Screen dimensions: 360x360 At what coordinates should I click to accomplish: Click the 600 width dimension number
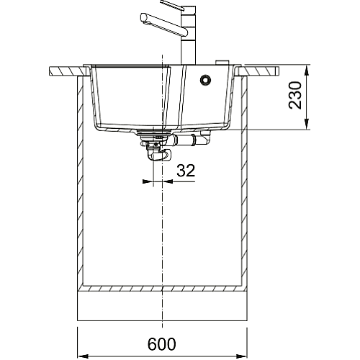[x=161, y=344]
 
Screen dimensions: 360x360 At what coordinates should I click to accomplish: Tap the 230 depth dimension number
[x=295, y=95]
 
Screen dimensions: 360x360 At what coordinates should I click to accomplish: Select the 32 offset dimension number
[x=186, y=171]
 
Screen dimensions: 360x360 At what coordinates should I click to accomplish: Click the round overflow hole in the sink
[x=205, y=80]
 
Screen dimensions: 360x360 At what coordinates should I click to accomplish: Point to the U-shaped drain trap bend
[x=159, y=155]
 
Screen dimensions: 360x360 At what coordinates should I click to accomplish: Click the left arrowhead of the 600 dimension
[x=84, y=356]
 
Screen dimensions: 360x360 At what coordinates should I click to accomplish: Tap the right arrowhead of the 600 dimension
[x=241, y=356]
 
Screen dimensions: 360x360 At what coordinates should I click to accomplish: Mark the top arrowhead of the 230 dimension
[x=307, y=71]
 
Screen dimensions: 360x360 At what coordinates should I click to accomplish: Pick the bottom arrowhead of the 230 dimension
[x=307, y=124]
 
